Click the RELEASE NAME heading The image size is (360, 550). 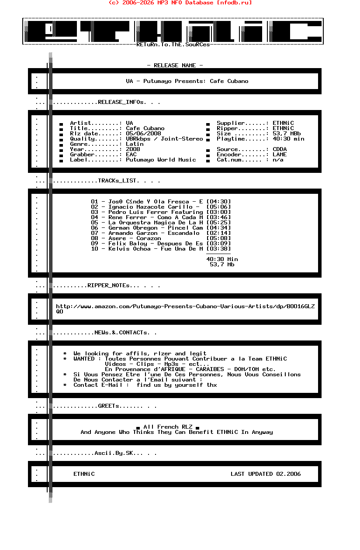(x=175, y=65)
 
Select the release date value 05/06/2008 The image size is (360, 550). (x=143, y=134)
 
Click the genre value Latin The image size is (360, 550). (x=135, y=144)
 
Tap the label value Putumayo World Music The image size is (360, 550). (x=161, y=160)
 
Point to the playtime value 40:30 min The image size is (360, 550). (x=288, y=139)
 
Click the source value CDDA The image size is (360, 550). (x=280, y=149)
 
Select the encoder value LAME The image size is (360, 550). (x=280, y=155)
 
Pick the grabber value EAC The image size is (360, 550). (x=131, y=155)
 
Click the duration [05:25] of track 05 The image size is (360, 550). (x=218, y=223)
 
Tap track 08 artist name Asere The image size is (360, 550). (x=117, y=238)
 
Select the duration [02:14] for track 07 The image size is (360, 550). (x=218, y=233)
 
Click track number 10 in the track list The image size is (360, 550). (x=95, y=249)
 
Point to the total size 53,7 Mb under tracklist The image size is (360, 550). (x=222, y=265)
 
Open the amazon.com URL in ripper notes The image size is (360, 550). (x=185, y=306)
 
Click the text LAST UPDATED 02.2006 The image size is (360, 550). (x=266, y=474)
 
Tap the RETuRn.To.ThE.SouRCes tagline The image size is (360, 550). (x=173, y=45)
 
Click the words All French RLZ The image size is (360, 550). (x=168, y=427)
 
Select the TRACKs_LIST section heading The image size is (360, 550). (x=118, y=181)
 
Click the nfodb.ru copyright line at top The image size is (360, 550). (x=180, y=3)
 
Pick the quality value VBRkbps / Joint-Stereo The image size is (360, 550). (x=164, y=139)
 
